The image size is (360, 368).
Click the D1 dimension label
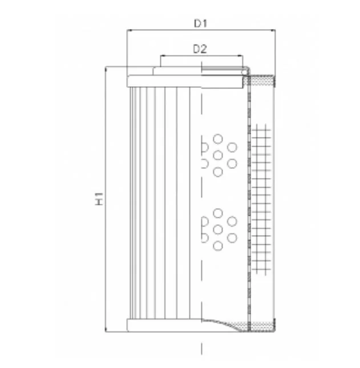click(x=201, y=23)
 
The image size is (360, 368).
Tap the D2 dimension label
click(x=200, y=49)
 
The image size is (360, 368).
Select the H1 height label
click(x=99, y=199)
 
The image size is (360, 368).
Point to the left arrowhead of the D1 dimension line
click(x=129, y=30)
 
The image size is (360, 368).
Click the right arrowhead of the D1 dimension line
click(x=273, y=30)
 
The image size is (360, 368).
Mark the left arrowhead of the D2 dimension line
click(x=163, y=56)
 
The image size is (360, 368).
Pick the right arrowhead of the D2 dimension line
click(x=241, y=56)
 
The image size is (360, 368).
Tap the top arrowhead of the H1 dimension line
click(x=106, y=69)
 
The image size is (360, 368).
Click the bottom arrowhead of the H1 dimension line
click(x=106, y=330)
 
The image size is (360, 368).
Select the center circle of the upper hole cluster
click(x=218, y=155)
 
